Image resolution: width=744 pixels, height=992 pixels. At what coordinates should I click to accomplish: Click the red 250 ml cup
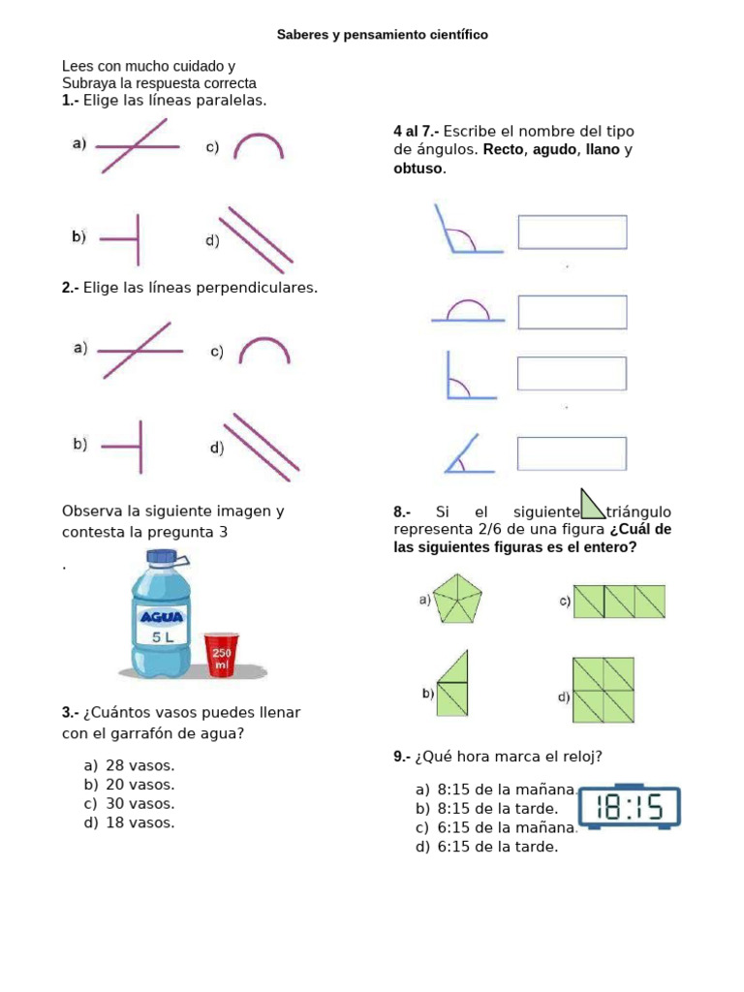click(x=222, y=655)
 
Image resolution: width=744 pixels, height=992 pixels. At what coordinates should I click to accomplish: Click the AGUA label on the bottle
click(x=162, y=617)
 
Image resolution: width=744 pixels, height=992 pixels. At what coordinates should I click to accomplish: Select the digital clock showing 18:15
click(x=630, y=807)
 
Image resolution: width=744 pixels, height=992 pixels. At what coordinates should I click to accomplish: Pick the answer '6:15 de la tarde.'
click(x=487, y=847)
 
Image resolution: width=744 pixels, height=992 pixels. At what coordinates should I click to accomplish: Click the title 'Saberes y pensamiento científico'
click(x=382, y=35)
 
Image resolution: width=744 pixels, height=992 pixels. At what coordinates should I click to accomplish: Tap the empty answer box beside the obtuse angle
click(x=573, y=232)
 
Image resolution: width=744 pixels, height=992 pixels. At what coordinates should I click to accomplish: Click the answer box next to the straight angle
click(x=573, y=313)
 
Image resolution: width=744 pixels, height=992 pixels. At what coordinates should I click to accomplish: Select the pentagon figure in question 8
click(x=457, y=599)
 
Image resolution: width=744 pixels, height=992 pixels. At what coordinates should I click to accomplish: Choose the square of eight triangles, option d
click(x=604, y=690)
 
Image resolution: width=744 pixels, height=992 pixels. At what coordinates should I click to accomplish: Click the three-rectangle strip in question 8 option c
click(x=619, y=602)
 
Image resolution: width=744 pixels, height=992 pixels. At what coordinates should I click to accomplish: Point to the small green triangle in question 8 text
click(x=592, y=504)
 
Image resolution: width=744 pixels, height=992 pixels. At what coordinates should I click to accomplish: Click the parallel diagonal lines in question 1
click(x=256, y=235)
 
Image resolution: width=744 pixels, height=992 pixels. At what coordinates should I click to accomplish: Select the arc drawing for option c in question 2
click(x=264, y=351)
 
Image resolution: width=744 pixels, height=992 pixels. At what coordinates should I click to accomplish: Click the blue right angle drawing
click(x=472, y=376)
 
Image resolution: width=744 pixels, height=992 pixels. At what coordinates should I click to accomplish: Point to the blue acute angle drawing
click(x=470, y=454)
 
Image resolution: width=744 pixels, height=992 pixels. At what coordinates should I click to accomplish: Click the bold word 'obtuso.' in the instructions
click(x=420, y=169)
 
